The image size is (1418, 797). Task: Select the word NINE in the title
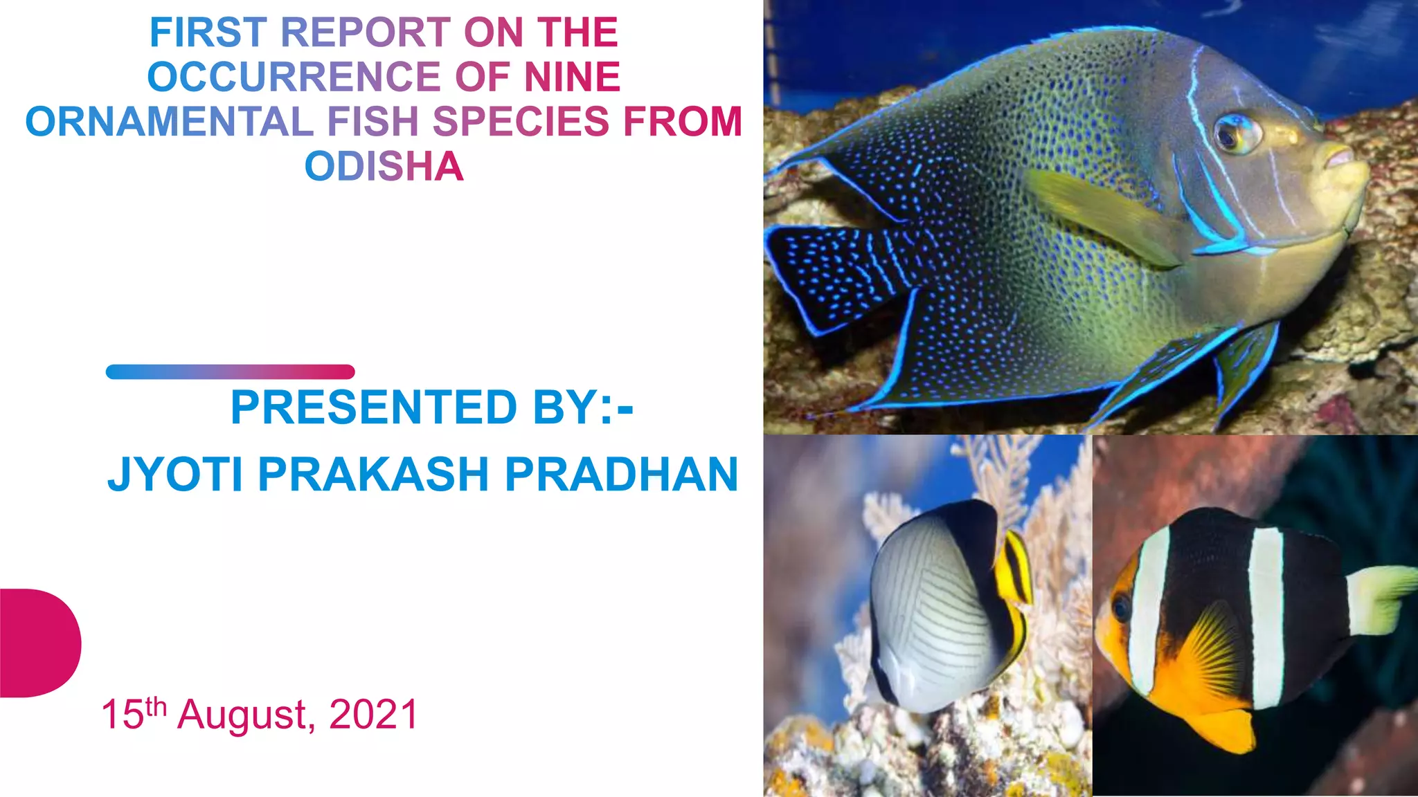[572, 77]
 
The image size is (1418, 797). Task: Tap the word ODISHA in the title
[384, 167]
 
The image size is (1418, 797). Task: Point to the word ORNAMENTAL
[170, 122]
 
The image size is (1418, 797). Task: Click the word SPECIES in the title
[521, 122]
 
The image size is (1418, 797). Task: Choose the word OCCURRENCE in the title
[294, 77]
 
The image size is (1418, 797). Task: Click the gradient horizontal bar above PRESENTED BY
[230, 372]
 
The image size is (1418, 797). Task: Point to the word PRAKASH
[374, 475]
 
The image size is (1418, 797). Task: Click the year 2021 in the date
[374, 715]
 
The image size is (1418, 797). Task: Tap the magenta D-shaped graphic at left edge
[38, 643]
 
